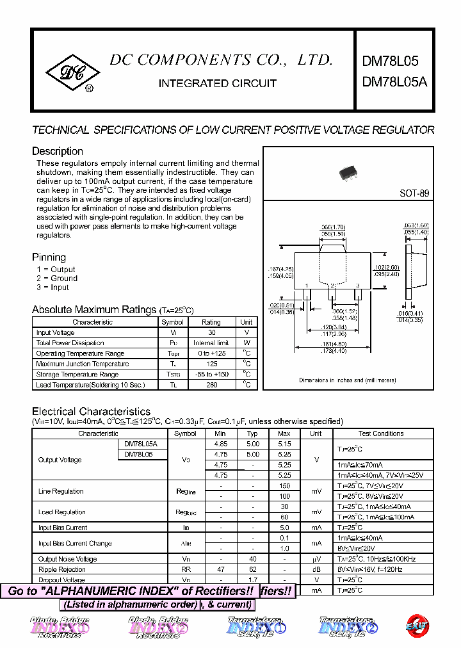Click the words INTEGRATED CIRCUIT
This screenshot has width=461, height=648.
coord(217,83)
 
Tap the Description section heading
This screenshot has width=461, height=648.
coord(58,152)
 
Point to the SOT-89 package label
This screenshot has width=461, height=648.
coord(414,193)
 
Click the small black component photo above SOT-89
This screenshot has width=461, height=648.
coord(347,172)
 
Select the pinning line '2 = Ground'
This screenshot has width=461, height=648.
coord(57,279)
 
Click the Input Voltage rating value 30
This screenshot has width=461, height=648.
coord(211,333)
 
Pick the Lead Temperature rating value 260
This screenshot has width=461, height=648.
coord(211,385)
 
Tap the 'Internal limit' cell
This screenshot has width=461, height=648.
coord(211,343)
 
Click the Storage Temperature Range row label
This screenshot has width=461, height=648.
coord(77,375)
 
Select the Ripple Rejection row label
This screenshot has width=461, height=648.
coord(62,569)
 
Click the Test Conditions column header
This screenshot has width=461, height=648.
coord(381,433)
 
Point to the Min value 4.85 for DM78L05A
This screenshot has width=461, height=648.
coord(221,444)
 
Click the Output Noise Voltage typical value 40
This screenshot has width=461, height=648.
coord(253,559)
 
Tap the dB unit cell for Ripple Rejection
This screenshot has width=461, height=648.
coord(316,569)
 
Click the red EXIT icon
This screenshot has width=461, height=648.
coord(419,626)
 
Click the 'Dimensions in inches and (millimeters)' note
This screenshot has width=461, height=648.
coord(347,380)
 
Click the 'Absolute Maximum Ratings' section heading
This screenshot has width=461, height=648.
coord(94,310)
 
